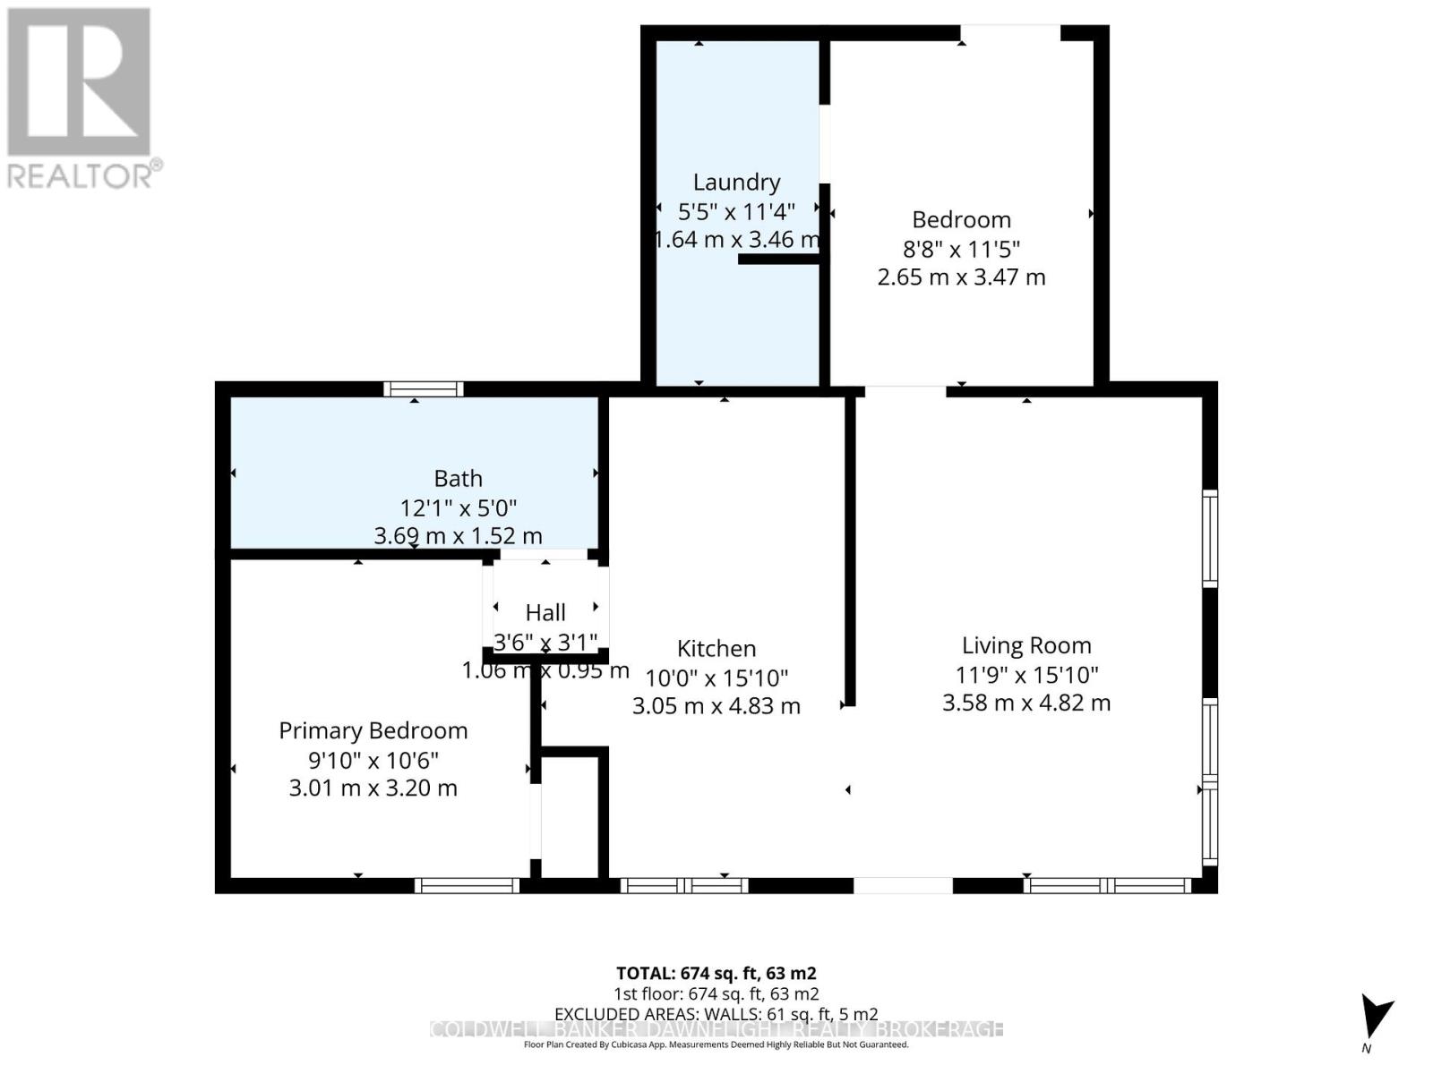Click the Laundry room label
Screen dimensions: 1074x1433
(x=736, y=183)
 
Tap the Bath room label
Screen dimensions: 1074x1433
(x=458, y=479)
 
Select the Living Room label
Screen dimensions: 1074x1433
(x=1026, y=645)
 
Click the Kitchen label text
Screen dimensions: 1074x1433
(x=716, y=649)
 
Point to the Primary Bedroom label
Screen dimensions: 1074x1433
(x=373, y=731)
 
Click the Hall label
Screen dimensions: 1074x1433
(x=545, y=613)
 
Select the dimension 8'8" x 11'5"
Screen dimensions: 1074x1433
(x=961, y=249)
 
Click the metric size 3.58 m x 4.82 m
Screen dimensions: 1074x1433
(x=1026, y=703)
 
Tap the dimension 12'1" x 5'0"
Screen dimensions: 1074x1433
(x=458, y=508)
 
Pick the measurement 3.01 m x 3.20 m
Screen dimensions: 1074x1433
(x=373, y=788)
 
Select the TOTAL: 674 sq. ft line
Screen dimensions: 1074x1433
(x=716, y=973)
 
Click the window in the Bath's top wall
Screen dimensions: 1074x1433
(x=423, y=389)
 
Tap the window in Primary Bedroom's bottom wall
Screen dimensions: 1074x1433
(x=467, y=886)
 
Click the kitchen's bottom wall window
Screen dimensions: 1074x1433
(x=683, y=886)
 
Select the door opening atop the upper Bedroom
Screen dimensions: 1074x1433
(x=1010, y=33)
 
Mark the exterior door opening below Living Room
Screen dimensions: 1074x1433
(x=902, y=886)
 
